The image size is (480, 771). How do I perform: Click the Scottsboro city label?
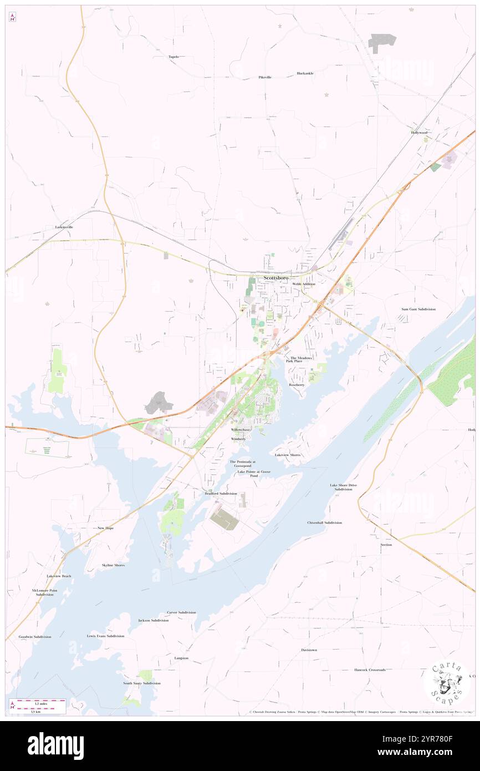tap(275, 277)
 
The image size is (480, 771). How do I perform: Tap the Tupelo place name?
tap(173, 57)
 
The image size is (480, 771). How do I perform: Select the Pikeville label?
tap(265, 77)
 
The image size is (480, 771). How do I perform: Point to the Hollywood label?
tap(419, 133)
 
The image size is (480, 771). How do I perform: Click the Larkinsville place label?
tap(64, 227)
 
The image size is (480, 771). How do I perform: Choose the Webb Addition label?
tap(304, 284)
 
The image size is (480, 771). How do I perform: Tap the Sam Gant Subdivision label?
tap(418, 309)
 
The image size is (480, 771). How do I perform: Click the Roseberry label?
tap(297, 384)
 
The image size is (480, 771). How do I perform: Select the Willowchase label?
tap(241, 429)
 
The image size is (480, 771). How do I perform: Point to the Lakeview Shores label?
tap(289, 455)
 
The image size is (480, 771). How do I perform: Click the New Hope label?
tap(105, 528)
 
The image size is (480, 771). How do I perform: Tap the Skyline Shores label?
tap(113, 565)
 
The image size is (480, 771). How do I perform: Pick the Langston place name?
tap(181, 658)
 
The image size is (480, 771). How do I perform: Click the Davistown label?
tap(309, 650)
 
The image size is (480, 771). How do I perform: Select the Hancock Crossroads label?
tap(370, 670)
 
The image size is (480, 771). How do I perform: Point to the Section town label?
tap(386, 545)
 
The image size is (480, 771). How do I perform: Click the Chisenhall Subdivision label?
tap(325, 523)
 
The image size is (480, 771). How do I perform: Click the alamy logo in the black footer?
tap(55, 746)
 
